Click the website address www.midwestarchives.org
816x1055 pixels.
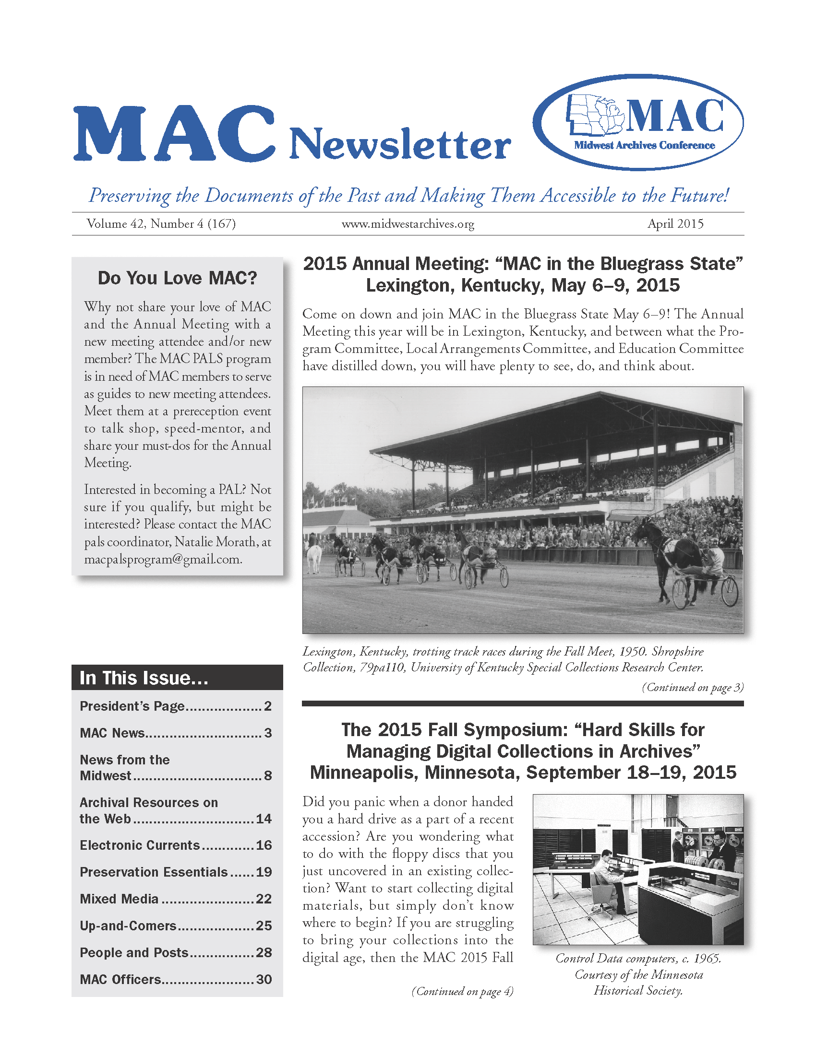pyautogui.click(x=408, y=224)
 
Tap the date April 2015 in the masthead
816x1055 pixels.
pyautogui.click(x=675, y=223)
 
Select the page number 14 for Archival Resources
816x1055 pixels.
pyautogui.click(x=264, y=818)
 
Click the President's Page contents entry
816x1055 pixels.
pyautogui.click(x=132, y=706)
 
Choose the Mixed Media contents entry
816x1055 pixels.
pyautogui.click(x=119, y=899)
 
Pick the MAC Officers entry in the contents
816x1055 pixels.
pyautogui.click(x=120, y=979)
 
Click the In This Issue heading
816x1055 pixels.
pyautogui.click(x=144, y=678)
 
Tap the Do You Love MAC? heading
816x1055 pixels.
pyautogui.click(x=178, y=278)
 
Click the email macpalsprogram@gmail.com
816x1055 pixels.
pyautogui.click(x=162, y=559)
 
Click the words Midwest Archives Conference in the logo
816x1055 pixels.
pyautogui.click(x=644, y=145)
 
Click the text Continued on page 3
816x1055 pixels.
pyautogui.click(x=692, y=687)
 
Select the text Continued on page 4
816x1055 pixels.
pyautogui.click(x=462, y=991)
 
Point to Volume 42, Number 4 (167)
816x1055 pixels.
pyautogui.click(x=161, y=223)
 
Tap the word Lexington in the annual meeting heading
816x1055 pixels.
pyautogui.click(x=409, y=285)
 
